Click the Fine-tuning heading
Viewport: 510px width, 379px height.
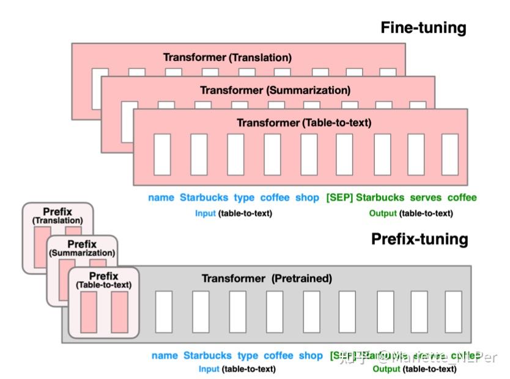(x=423, y=28)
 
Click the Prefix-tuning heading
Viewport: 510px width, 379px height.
(x=419, y=239)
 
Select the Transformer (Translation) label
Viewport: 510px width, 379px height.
(x=227, y=57)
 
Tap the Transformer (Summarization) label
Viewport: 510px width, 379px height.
(x=275, y=90)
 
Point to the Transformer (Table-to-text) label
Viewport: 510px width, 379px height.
(x=304, y=123)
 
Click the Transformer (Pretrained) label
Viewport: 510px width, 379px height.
(x=267, y=279)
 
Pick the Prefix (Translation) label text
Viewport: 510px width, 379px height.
(x=57, y=216)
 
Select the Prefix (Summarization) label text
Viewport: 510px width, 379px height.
(x=82, y=248)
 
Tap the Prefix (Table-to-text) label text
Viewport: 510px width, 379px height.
(x=103, y=280)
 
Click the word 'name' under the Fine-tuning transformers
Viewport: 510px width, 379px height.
(x=161, y=197)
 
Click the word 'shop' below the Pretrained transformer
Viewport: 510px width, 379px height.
(x=311, y=356)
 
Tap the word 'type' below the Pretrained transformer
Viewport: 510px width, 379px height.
(x=248, y=356)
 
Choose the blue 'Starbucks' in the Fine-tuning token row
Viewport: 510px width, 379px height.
(x=204, y=197)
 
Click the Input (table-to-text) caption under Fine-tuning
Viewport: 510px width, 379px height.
(x=233, y=213)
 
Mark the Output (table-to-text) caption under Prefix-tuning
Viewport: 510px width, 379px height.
(x=414, y=369)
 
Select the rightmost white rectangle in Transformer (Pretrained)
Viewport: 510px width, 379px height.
(x=453, y=312)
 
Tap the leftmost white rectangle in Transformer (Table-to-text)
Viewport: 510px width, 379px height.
(x=162, y=154)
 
